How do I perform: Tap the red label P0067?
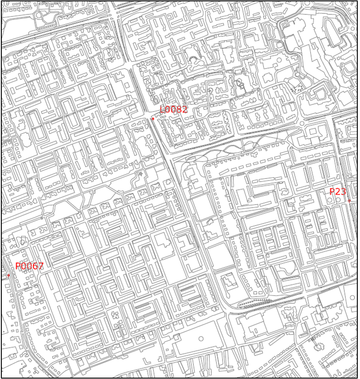(x=30, y=266)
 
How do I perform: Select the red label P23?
(x=338, y=192)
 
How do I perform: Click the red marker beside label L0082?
(x=153, y=119)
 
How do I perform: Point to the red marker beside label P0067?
(x=9, y=276)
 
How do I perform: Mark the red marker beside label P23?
(x=349, y=201)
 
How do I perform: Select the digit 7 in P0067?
(x=41, y=266)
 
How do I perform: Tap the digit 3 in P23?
(x=343, y=192)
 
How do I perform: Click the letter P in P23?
(x=332, y=192)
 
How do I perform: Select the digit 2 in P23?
(x=338, y=192)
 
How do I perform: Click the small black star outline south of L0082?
(x=141, y=174)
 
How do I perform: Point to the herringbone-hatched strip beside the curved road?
(x=253, y=303)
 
